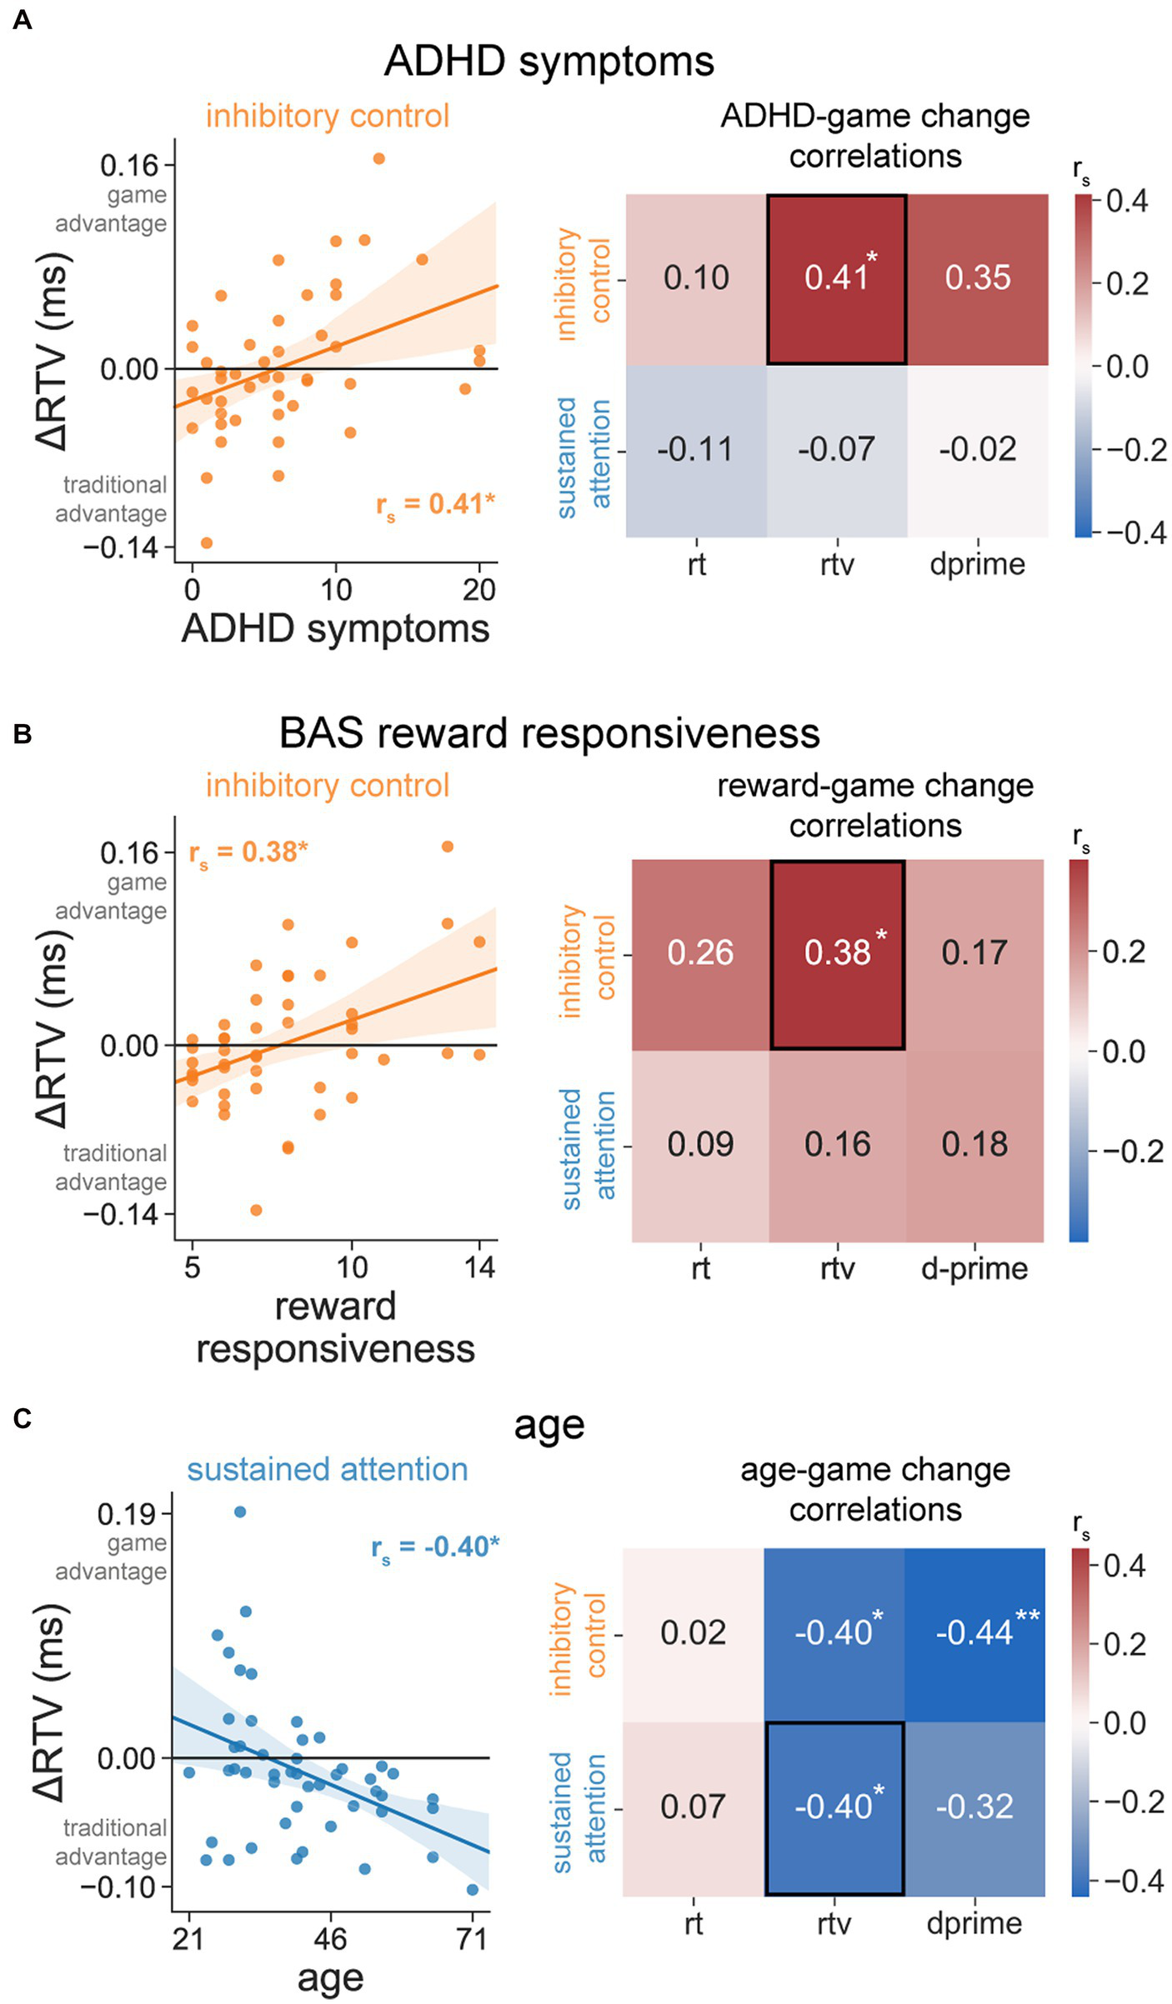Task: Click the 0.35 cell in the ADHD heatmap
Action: [977, 278]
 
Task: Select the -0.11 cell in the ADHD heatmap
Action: [695, 450]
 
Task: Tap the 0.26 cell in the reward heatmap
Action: [700, 953]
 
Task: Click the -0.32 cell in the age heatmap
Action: [974, 1807]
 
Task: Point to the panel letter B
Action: [23, 734]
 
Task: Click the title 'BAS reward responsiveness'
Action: [549, 734]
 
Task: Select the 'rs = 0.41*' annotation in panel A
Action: [434, 505]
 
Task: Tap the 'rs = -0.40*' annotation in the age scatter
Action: [434, 1547]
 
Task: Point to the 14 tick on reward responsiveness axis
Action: [479, 1267]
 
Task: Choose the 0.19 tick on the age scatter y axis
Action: [127, 1514]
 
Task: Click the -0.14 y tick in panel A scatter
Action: [120, 547]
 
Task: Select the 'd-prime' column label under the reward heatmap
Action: [974, 1268]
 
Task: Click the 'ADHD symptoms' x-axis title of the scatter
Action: [335, 629]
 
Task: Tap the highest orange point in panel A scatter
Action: [378, 158]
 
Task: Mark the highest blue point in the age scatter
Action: [240, 1512]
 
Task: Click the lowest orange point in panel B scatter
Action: [256, 1210]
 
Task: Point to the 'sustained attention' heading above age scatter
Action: [327, 1469]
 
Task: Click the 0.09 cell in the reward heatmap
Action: [700, 1145]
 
